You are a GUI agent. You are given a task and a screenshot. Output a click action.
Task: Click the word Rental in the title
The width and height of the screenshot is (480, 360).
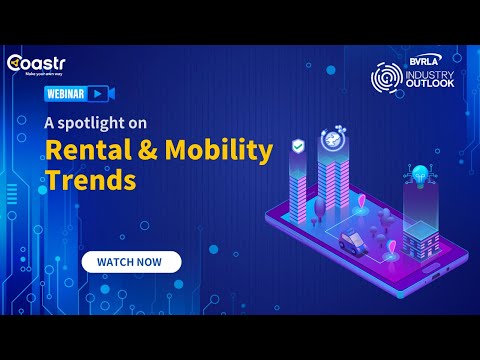[83, 152]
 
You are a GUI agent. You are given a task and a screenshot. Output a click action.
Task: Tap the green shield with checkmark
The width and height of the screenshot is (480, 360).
[297, 147]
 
